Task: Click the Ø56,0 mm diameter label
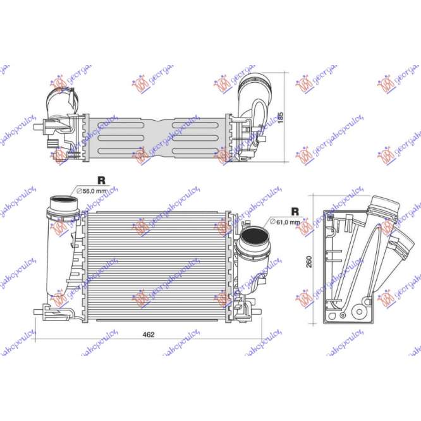[93, 191]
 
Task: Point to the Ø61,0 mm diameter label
[286, 222]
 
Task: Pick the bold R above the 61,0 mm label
[295, 211]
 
